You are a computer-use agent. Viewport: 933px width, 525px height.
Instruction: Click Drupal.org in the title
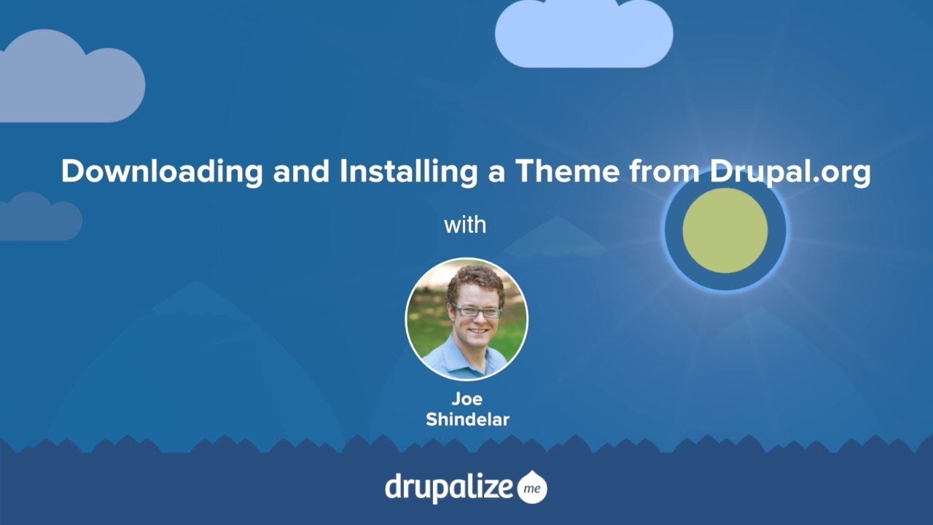(x=789, y=172)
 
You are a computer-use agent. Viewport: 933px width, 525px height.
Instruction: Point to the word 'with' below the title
(x=465, y=225)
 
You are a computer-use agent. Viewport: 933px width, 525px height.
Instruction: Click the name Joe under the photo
(x=466, y=399)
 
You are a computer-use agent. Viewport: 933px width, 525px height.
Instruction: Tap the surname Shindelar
(x=466, y=419)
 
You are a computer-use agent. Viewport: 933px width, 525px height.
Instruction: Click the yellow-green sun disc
(x=725, y=230)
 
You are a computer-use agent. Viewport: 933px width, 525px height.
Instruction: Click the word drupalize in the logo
(x=448, y=487)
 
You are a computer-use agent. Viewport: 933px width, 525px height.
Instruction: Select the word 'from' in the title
(x=658, y=172)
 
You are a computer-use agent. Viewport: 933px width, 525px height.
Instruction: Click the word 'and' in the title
(x=299, y=172)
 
